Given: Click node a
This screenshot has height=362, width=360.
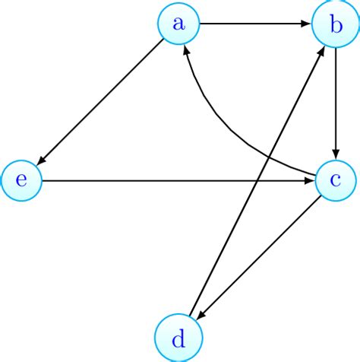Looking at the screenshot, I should coord(178,24).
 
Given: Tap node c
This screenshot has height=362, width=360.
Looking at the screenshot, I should coord(335,181).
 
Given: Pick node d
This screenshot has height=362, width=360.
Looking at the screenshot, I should coord(178,338).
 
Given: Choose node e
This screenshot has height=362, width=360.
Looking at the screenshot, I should coord(21,181).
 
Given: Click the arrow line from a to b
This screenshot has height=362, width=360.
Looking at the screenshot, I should coord(254,24).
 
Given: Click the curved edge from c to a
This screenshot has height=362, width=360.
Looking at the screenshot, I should coord(228,125).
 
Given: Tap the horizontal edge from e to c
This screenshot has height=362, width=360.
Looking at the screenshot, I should coord(152,181).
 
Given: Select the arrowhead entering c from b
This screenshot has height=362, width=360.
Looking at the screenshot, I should coord(335,155).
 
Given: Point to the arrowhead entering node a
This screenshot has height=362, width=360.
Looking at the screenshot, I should coord(187,49).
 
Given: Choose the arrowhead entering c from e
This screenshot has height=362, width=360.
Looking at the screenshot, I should coord(308,181).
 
